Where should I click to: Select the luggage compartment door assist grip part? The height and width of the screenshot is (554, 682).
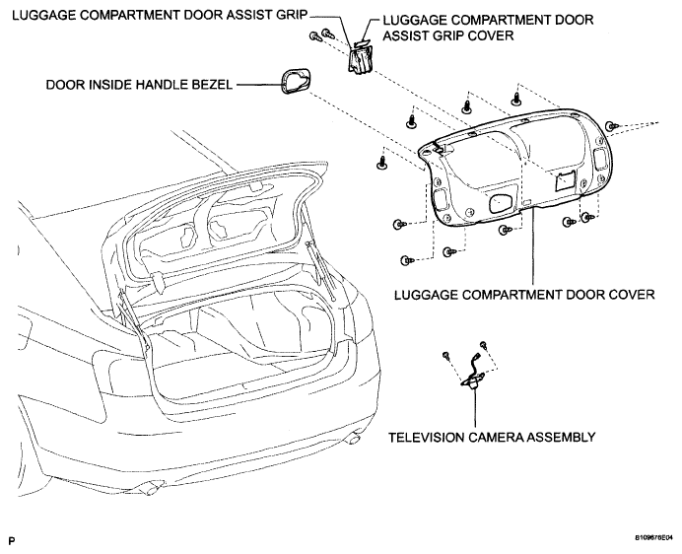[360, 60]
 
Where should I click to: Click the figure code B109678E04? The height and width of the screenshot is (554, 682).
[653, 538]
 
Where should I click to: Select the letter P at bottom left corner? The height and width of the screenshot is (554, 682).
[12, 541]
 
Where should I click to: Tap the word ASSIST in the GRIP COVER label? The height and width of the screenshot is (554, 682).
[404, 35]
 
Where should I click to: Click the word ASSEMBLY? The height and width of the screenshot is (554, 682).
[561, 437]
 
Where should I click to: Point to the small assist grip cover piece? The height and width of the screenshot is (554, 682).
[362, 42]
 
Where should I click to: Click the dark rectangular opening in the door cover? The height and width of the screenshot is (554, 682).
[565, 180]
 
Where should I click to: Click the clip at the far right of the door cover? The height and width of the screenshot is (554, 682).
[612, 126]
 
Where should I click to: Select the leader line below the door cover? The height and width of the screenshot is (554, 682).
[533, 248]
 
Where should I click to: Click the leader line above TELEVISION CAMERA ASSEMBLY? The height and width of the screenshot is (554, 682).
[475, 407]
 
